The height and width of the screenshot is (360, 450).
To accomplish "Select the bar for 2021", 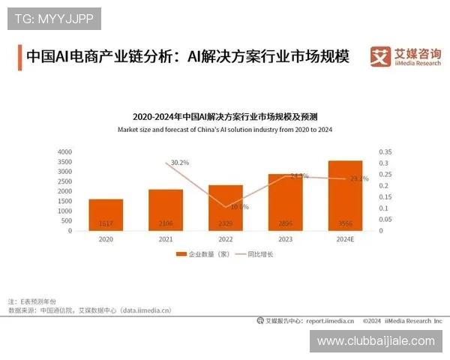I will click(165, 210).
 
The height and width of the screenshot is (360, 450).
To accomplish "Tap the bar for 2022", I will click(225, 208).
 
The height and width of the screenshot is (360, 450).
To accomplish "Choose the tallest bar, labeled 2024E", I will click(345, 196).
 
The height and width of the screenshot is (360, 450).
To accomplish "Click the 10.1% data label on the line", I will click(240, 206).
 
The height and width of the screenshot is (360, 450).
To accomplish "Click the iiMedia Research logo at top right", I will click(405, 56).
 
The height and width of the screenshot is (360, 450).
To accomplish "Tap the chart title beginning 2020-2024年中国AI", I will click(224, 117).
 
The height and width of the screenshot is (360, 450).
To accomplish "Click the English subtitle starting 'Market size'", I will click(224, 130).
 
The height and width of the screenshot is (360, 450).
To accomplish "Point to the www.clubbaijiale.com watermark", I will click(376, 341).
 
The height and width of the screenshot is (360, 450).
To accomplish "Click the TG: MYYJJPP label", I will click(53, 18).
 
